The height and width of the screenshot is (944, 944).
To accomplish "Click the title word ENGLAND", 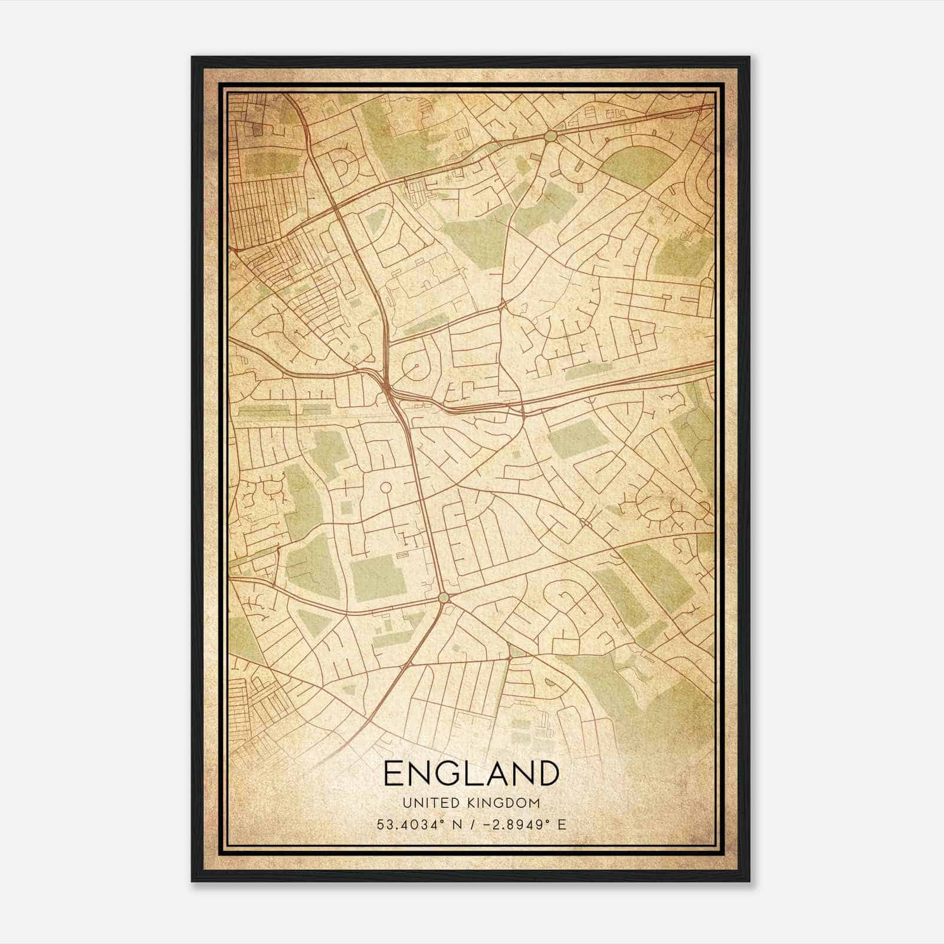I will point(471,773).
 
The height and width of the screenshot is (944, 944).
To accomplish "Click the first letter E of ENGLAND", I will point(394,773).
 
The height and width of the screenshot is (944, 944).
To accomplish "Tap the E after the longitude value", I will point(562,824).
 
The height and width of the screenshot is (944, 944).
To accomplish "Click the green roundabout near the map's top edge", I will point(550,136).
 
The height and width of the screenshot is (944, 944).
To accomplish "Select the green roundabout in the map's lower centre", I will point(444,598).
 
